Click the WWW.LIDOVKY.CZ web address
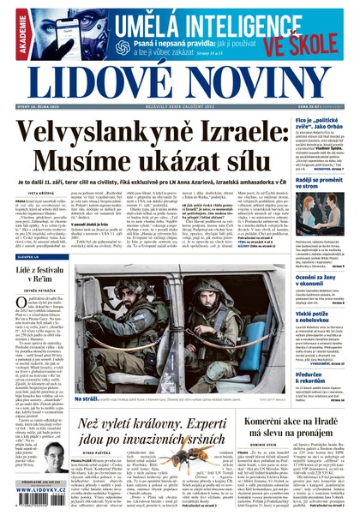coord(34,505)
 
